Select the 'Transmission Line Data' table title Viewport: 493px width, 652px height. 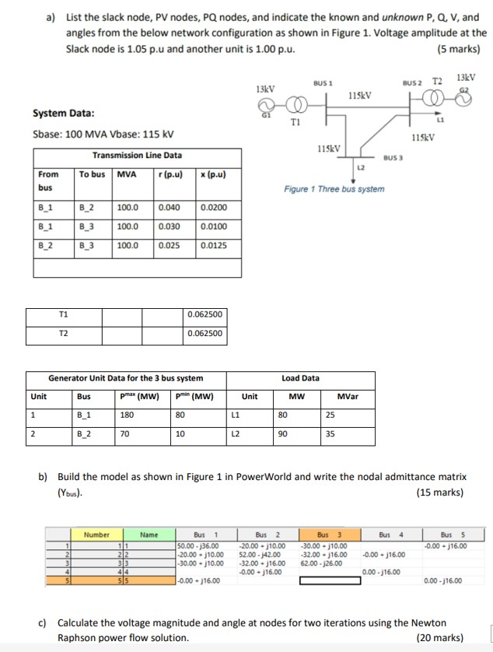[x=137, y=155]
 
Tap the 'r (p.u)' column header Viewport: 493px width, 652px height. [x=170, y=174]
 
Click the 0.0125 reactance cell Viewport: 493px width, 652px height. [x=213, y=245]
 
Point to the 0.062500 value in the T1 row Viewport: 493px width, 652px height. [x=205, y=314]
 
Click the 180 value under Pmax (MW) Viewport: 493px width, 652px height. [x=127, y=415]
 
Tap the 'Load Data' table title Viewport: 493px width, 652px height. [x=299, y=378]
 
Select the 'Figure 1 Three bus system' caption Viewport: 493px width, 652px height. [x=334, y=189]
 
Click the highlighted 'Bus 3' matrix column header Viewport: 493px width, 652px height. [x=327, y=535]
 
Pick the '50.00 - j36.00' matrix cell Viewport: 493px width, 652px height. [x=197, y=545]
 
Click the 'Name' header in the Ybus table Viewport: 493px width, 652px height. [x=149, y=535]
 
